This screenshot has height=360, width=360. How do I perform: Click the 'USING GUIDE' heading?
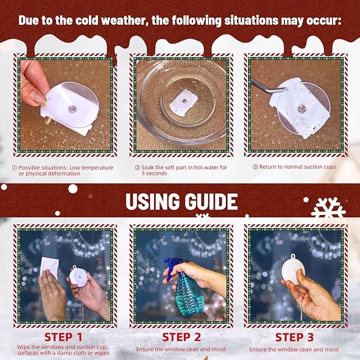[x=182, y=201]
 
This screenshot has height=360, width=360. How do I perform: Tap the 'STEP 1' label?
[x=64, y=337]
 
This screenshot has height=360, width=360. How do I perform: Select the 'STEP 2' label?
[x=182, y=337]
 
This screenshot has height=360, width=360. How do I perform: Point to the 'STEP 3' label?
[x=294, y=337]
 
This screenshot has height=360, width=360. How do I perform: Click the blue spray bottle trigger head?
[x=173, y=267]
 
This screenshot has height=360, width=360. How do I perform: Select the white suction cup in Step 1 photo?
[x=78, y=277]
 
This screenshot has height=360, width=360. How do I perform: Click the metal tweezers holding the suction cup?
[x=267, y=86]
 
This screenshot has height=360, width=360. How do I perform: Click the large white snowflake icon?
[x=328, y=208]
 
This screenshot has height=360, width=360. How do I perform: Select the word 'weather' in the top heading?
[x=124, y=21]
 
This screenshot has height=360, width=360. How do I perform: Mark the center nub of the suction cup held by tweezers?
[x=301, y=108]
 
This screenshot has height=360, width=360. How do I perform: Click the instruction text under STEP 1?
[x=64, y=350]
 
